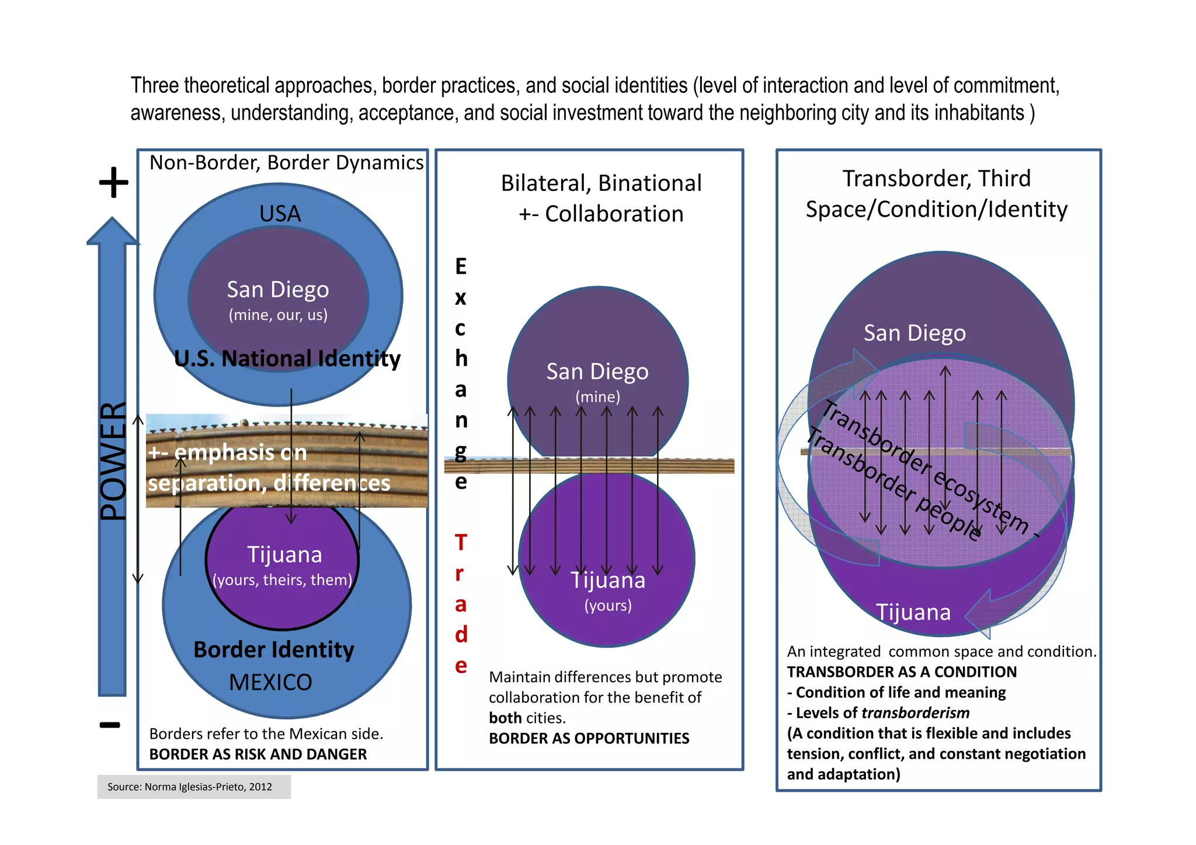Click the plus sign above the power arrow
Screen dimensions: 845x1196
pyautogui.click(x=113, y=183)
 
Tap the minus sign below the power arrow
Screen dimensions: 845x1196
pyautogui.click(x=110, y=725)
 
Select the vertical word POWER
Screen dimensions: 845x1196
pyautogui.click(x=113, y=461)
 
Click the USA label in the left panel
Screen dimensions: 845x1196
pyautogui.click(x=280, y=214)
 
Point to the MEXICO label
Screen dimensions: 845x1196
pyautogui.click(x=270, y=682)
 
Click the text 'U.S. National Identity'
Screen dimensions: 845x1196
pyautogui.click(x=287, y=359)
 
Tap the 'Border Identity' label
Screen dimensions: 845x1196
pyautogui.click(x=274, y=649)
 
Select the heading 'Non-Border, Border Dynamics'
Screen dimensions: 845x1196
pyautogui.click(x=286, y=162)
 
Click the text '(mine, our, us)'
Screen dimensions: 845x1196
pyautogui.click(x=278, y=315)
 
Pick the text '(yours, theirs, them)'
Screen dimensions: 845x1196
pyautogui.click(x=283, y=580)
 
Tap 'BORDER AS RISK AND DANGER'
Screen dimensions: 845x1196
pyautogui.click(x=258, y=754)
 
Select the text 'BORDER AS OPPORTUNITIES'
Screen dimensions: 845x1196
pyautogui.click(x=589, y=738)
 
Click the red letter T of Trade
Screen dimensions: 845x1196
pyautogui.click(x=461, y=543)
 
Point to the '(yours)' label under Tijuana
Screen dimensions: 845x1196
pyautogui.click(x=608, y=606)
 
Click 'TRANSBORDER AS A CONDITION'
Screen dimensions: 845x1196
pyautogui.click(x=902, y=672)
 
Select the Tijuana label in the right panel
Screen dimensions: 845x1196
pyautogui.click(x=913, y=612)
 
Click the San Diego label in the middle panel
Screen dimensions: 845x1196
pyautogui.click(x=597, y=371)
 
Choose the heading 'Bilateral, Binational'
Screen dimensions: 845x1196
pyautogui.click(x=601, y=183)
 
